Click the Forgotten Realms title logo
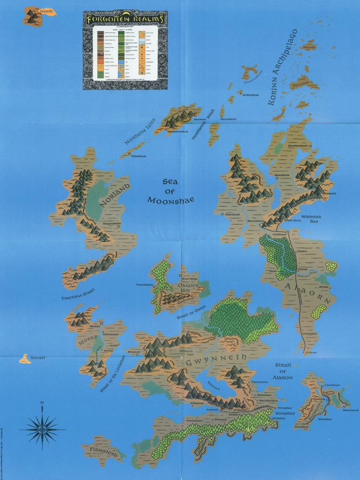point(125,19)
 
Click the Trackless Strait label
point(78,294)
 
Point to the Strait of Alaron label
point(284,371)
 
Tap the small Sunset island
point(25,359)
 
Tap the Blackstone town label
point(255,220)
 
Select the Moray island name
point(88,339)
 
